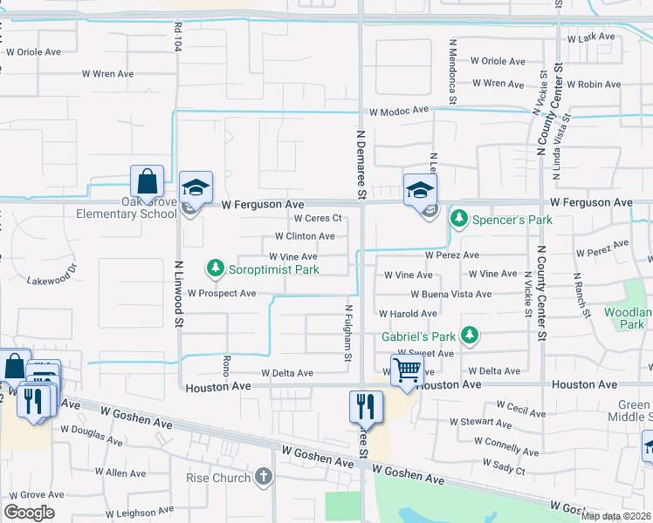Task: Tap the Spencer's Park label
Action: [x=512, y=220]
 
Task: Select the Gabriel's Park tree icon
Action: [x=470, y=335]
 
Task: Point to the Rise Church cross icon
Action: [x=264, y=477]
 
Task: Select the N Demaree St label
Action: [x=359, y=158]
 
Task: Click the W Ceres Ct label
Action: [x=316, y=218]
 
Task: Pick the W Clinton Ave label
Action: [x=304, y=236]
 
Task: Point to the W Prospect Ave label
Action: [x=221, y=294]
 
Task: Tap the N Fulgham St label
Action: [x=347, y=332]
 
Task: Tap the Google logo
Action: [x=29, y=513]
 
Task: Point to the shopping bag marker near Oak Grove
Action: [x=147, y=183]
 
